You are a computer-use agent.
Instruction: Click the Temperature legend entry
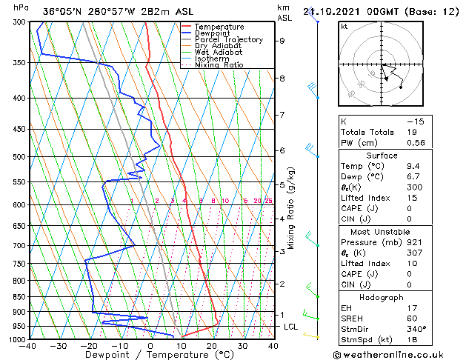[x=219, y=27]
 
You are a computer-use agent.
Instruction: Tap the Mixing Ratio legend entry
[x=219, y=65]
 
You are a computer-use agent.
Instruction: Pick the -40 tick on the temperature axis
[x=29, y=346]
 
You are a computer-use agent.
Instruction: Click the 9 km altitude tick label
[x=282, y=41]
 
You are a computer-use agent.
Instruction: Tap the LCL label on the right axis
[x=290, y=327]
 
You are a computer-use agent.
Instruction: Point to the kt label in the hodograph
[x=344, y=27]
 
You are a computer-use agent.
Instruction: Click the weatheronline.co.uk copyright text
[x=401, y=354]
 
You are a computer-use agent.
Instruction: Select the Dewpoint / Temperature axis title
[x=150, y=356]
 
